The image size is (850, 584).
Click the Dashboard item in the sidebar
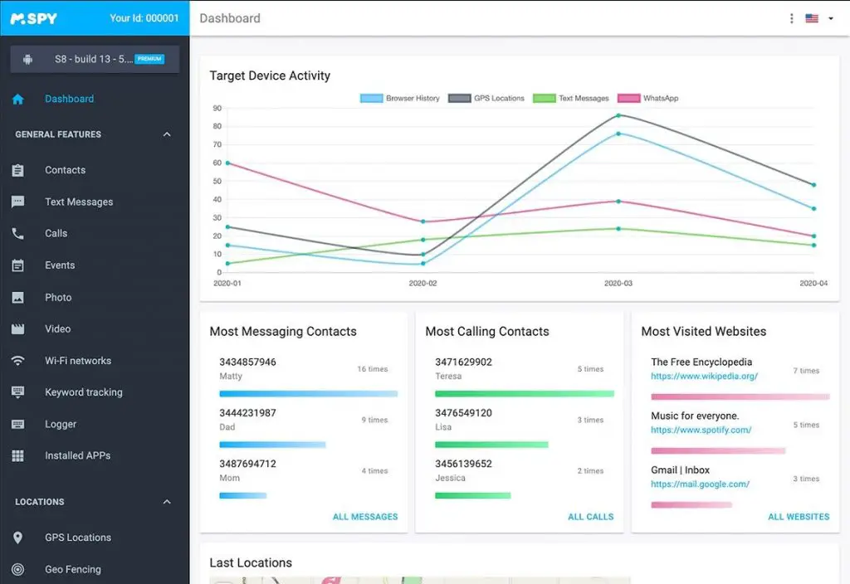(69, 99)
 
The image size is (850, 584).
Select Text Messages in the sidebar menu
(78, 202)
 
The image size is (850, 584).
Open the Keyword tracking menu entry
(83, 392)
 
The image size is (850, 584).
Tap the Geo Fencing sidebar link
(72, 569)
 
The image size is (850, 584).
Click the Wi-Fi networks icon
(17, 361)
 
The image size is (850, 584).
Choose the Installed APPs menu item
(77, 455)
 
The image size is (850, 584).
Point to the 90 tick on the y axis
(217, 108)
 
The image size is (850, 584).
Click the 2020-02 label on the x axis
(423, 284)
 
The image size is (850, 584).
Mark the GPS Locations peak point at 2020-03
(618, 115)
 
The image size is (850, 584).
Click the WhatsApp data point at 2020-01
(227, 163)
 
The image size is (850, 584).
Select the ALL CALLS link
(590, 517)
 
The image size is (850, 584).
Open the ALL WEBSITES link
(798, 517)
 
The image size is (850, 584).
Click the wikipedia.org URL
(704, 376)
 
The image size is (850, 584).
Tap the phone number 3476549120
(463, 413)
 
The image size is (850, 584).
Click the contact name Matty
(231, 376)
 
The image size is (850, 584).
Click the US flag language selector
(812, 18)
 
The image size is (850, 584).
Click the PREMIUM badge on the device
(149, 59)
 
